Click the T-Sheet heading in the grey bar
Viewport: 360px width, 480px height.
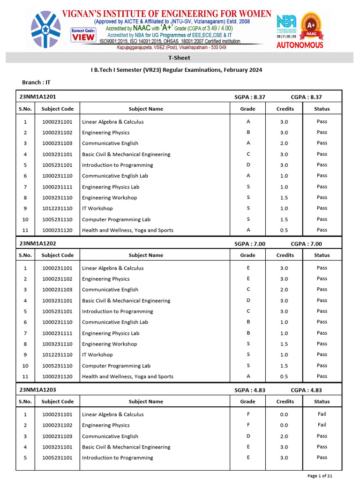click(179, 58)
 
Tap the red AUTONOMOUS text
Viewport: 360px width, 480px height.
click(300, 45)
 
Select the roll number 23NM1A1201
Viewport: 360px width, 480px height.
click(37, 97)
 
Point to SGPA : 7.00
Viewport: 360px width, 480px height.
click(250, 244)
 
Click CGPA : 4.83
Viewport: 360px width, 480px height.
click(306, 390)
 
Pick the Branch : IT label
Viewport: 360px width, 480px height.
click(36, 82)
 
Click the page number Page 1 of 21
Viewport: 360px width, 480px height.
click(320, 476)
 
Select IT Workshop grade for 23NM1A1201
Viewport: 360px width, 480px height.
click(248, 208)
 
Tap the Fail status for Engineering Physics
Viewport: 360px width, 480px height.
click(322, 425)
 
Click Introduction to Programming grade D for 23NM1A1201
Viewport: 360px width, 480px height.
click(248, 165)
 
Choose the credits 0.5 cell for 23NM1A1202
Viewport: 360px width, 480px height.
click(284, 376)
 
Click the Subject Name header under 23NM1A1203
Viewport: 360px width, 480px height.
click(146, 401)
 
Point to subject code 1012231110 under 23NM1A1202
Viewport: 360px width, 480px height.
click(57, 355)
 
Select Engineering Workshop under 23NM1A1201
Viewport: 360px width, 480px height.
click(109, 198)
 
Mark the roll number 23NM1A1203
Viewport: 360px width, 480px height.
click(37, 390)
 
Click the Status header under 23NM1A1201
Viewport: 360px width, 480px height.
click(322, 109)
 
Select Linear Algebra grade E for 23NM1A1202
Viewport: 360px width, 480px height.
click(248, 268)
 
